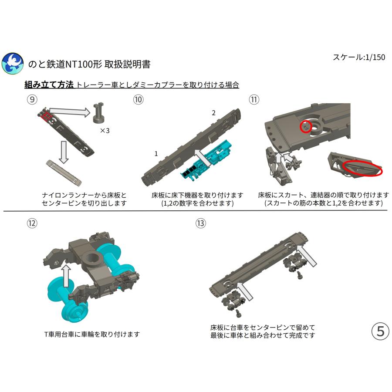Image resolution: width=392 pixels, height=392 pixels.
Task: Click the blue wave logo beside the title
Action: coord(12,64)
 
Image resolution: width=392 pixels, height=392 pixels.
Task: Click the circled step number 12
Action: coord(32,223)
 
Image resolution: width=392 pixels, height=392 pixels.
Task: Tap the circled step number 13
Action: coord(200,223)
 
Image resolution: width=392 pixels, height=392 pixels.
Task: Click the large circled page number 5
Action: coord(380,331)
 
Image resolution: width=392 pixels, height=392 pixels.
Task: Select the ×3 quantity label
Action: coord(105,130)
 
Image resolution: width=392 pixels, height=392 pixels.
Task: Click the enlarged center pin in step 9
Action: coord(101,113)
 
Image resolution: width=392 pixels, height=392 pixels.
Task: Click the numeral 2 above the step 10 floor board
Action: coord(213,113)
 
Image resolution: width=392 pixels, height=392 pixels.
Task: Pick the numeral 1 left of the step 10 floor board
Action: coord(156,154)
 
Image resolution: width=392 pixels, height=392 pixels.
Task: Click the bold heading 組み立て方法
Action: coord(49,85)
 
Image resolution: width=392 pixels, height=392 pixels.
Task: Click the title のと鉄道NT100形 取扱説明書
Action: coord(89,64)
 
